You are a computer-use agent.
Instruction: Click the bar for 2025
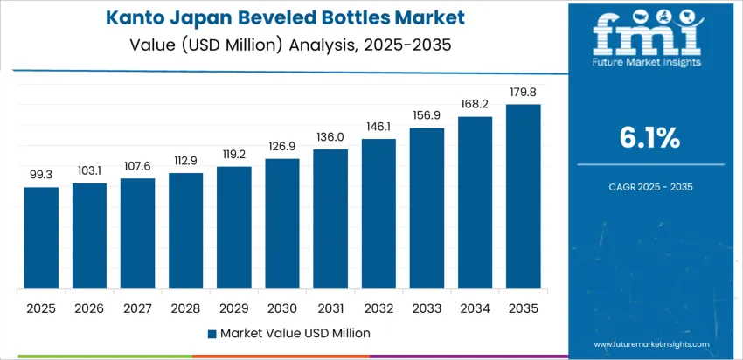[x=41, y=239]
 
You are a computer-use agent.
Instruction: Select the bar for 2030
[x=282, y=225]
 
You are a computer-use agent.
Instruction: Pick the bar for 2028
[x=186, y=232]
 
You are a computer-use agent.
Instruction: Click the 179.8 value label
[x=524, y=93]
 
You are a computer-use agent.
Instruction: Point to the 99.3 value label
[x=41, y=175]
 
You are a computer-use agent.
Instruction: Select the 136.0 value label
[x=330, y=137]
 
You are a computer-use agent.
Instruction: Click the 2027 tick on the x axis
[x=138, y=308]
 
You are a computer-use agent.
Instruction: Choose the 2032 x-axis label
[x=379, y=308]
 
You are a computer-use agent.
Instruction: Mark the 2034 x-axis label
[x=476, y=308]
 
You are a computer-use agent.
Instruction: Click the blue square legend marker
[x=212, y=334]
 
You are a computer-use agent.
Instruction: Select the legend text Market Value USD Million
[x=295, y=334]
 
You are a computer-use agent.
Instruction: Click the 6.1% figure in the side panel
[x=649, y=136]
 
